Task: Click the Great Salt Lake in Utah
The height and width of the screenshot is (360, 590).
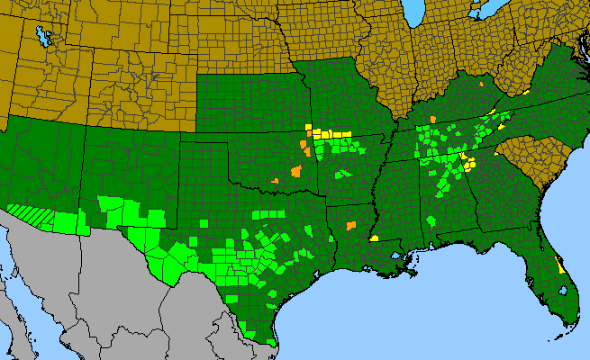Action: click(41, 37)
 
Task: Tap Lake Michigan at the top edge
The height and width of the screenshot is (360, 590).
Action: click(413, 12)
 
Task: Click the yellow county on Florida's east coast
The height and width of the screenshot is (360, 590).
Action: click(560, 265)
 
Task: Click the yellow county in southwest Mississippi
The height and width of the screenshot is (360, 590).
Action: click(373, 238)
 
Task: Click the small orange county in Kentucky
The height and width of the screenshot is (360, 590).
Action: click(483, 85)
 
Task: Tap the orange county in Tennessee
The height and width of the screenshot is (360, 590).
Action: click(432, 118)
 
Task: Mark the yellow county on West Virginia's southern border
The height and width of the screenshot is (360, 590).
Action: click(524, 92)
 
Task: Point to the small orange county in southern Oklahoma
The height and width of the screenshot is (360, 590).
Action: click(275, 181)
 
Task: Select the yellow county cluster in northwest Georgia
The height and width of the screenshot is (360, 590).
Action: click(467, 162)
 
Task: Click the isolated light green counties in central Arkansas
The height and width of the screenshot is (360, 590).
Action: click(342, 173)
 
